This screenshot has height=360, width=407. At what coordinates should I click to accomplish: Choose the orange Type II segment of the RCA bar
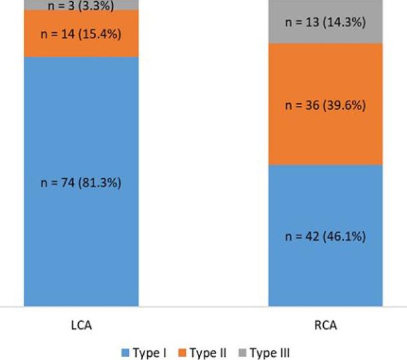click(x=326, y=135)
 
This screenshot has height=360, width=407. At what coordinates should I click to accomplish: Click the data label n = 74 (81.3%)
click(x=81, y=182)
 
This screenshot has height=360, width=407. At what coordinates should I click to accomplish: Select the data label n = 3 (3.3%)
click(x=81, y=6)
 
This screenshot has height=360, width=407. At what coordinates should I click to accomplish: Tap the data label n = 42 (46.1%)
click(x=326, y=236)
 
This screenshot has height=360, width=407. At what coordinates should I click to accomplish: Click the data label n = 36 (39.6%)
click(x=326, y=104)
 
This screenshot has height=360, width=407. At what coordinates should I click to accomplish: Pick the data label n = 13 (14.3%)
click(x=326, y=23)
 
